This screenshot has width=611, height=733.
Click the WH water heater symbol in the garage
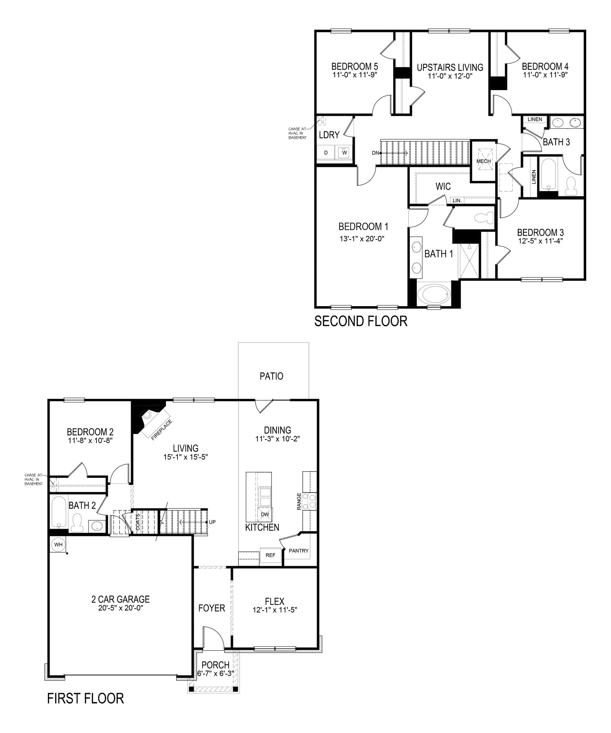pos(58,545)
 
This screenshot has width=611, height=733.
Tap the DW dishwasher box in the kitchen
pos(265,514)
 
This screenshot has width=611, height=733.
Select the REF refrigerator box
pos(271,555)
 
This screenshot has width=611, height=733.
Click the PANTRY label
pos(299,551)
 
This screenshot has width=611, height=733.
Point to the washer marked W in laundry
pos(345,152)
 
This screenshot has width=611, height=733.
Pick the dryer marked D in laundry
pos(326,152)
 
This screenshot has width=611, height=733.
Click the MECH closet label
pos(484,161)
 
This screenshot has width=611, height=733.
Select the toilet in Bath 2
pos(77,524)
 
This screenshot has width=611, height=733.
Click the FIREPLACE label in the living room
pos(162,430)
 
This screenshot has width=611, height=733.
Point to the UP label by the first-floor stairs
pos(212,522)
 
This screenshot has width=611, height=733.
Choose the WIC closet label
pos(443,186)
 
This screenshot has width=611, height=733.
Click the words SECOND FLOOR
pos(361,321)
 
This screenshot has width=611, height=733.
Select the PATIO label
pos(271,376)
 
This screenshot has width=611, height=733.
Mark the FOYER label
pos(212,608)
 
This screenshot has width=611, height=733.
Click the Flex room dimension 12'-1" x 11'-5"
pos(275,610)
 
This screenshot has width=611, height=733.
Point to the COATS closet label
pos(138,522)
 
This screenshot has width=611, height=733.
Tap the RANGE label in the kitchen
pos(299,501)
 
